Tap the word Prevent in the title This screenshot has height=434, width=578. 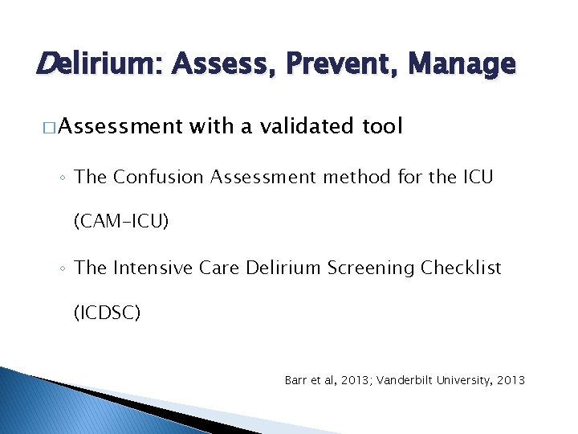coord(341,63)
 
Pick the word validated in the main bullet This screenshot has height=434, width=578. coord(291,126)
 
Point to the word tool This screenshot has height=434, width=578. coord(381,126)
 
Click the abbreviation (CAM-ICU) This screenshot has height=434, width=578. coord(121,221)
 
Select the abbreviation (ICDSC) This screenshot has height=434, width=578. coord(107,312)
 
